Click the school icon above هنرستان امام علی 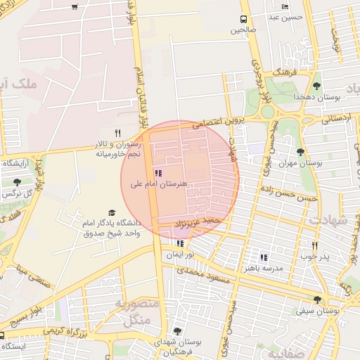(157, 173)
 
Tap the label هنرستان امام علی (159, 184)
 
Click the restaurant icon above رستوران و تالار (117, 133)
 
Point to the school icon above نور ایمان (181, 244)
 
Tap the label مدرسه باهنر (263, 269)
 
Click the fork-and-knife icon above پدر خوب (314, 246)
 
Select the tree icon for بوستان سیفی (317, 299)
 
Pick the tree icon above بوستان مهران (301, 152)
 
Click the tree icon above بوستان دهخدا (316, 86)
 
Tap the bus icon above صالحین (243, 20)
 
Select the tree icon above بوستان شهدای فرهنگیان (176, 331)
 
